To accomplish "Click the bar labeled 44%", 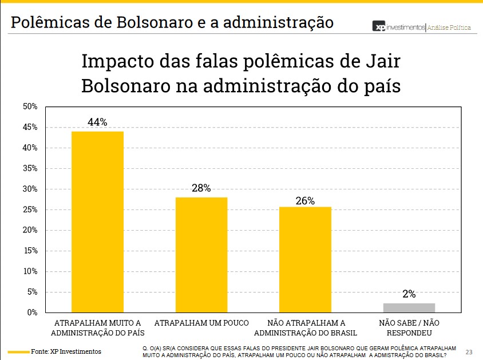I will point(97,221).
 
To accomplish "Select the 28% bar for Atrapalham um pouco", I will point(201,255).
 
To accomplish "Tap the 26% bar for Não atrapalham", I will point(305,259).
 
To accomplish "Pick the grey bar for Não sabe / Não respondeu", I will point(409,307).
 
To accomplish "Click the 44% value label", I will point(97,122).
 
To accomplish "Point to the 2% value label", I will point(409,294).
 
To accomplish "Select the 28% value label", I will point(201,188).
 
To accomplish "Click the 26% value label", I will point(305,201).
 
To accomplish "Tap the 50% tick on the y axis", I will point(30,106).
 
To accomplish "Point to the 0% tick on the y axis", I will point(32,312).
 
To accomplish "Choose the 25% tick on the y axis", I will point(30,209).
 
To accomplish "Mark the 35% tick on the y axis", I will point(30,168).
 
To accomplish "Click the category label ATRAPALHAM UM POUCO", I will point(201,323).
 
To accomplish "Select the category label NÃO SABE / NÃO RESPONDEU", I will point(409,328).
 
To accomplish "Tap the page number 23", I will point(469,351).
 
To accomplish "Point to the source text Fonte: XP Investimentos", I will point(66,351).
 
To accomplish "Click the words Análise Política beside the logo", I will point(450,27).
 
